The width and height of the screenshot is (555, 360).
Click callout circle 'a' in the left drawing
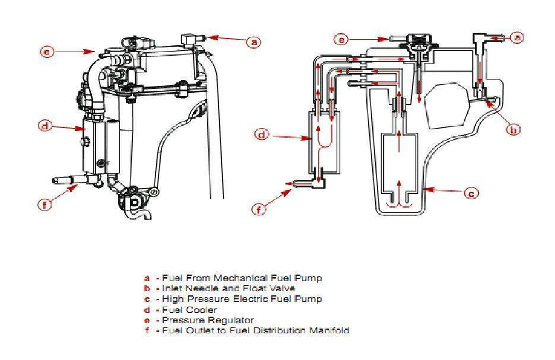[x=253, y=42]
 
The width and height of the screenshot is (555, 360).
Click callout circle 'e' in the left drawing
[x=47, y=52]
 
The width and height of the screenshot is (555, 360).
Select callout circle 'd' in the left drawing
[x=45, y=125]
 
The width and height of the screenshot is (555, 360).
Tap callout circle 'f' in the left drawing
[x=45, y=205]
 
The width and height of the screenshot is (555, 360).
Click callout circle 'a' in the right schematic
[x=517, y=37]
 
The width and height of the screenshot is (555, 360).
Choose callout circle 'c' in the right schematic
[x=471, y=193]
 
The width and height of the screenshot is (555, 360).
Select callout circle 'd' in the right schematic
[x=262, y=135]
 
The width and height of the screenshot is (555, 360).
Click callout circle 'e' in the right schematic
[x=340, y=40]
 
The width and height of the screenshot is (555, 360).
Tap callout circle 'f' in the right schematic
[x=259, y=208]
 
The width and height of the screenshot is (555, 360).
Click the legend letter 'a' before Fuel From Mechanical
[x=147, y=278]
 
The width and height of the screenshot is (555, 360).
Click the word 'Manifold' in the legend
[x=328, y=330]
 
